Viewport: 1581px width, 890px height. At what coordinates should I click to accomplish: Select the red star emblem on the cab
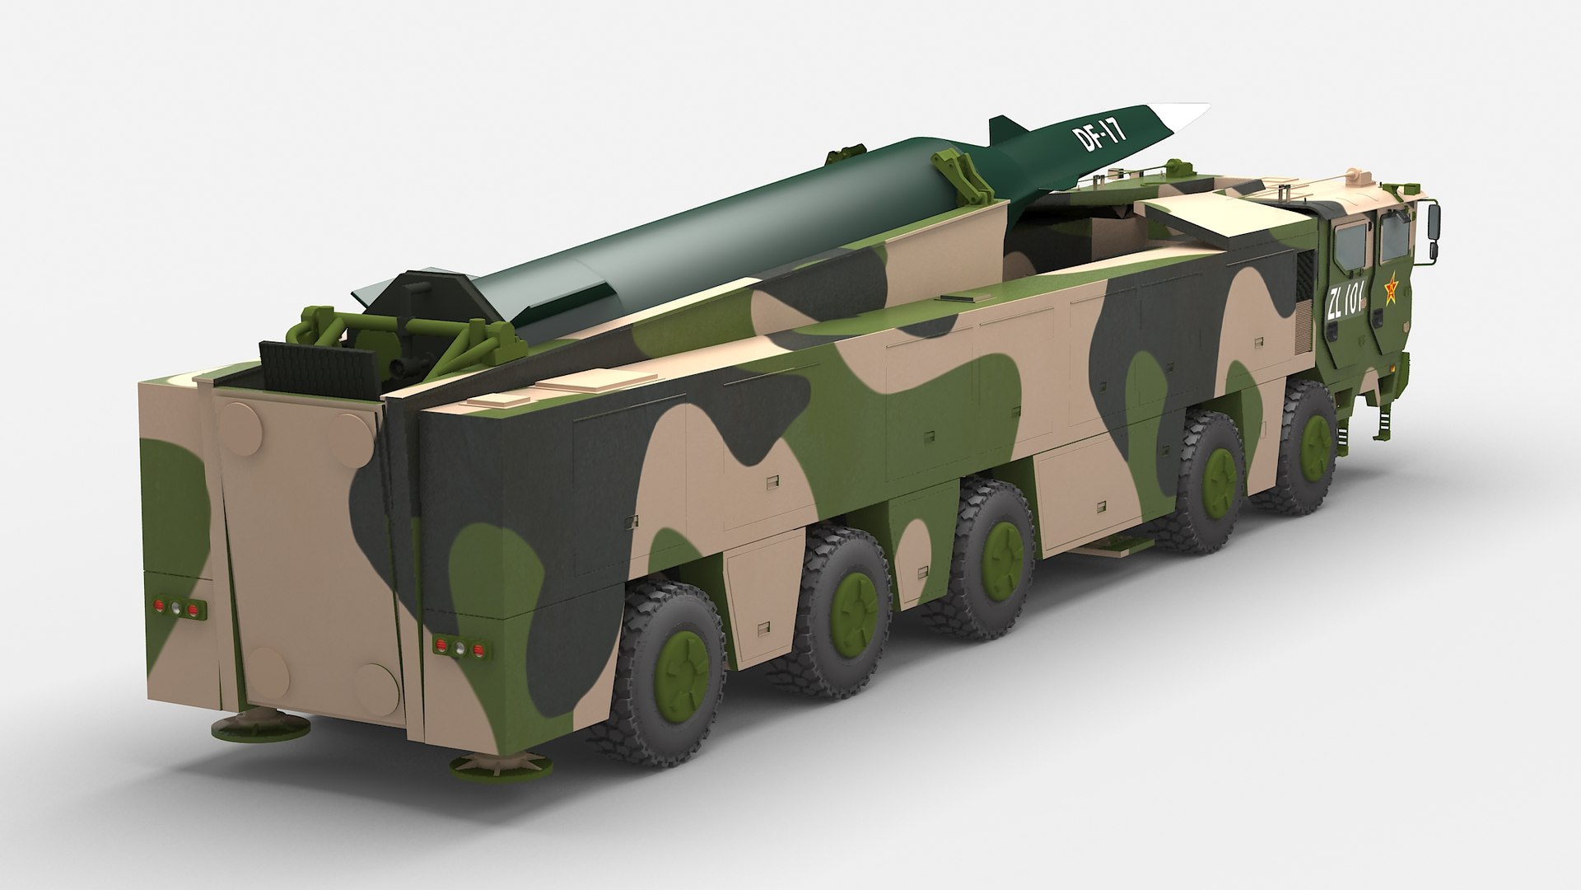(1391, 290)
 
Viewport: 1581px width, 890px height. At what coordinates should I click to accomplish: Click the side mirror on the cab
(1434, 218)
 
